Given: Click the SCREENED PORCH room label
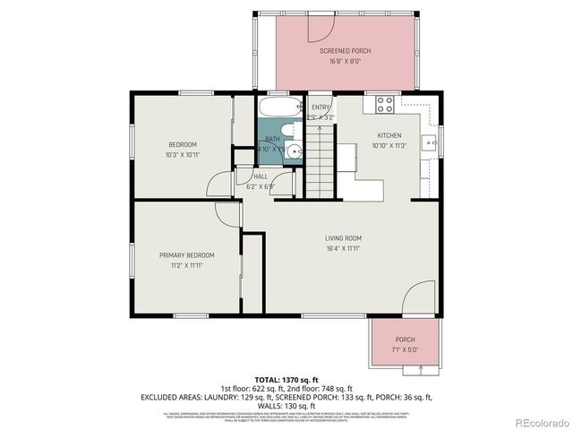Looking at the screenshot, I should (345, 51).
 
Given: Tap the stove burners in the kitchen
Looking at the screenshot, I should (385, 104).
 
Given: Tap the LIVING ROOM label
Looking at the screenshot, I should (343, 237).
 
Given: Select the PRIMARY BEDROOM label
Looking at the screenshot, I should (186, 255).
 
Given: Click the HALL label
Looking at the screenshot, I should (261, 176).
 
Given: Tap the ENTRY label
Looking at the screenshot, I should (320, 107).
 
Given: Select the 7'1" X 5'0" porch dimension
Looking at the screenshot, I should (405, 350).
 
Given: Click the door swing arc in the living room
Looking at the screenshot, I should (417, 297).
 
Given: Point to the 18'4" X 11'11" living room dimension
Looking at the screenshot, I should (343, 249).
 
